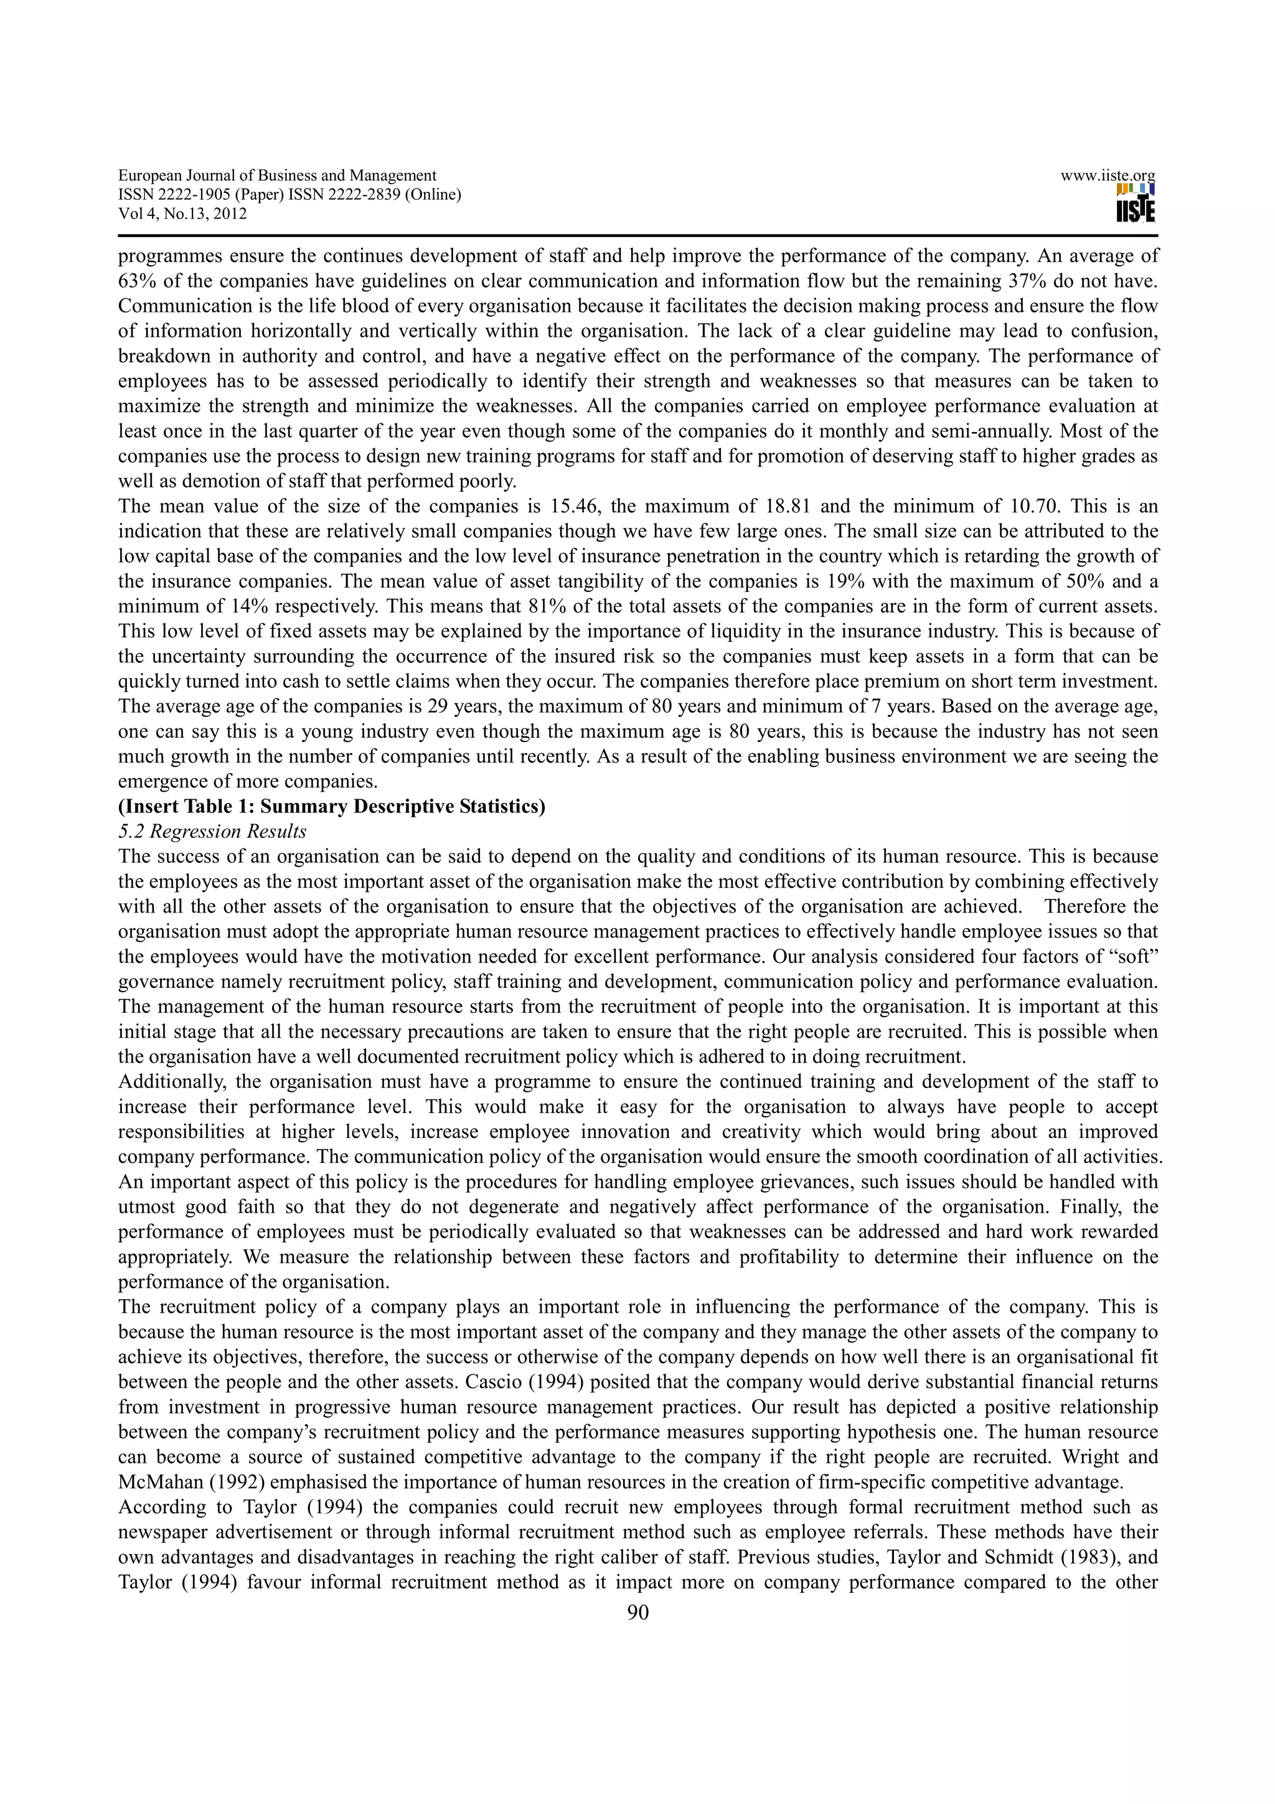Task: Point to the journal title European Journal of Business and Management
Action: (277, 176)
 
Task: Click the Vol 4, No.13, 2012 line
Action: (182, 214)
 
